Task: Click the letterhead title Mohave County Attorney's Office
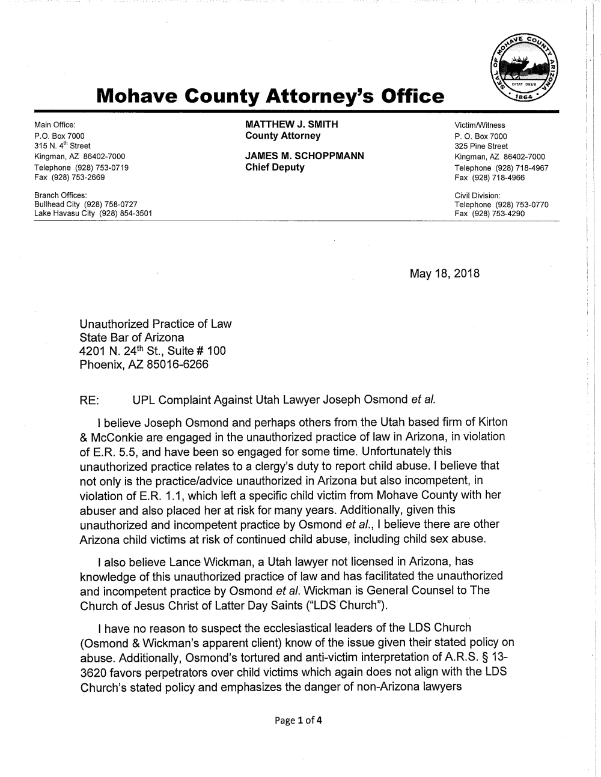(x=271, y=96)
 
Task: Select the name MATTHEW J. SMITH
(x=291, y=124)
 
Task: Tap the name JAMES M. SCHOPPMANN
(x=305, y=156)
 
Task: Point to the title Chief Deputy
(x=275, y=168)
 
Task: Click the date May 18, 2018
(x=445, y=274)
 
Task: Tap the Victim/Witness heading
(x=480, y=125)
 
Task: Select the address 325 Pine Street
(x=481, y=146)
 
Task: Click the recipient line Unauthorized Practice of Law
(x=155, y=324)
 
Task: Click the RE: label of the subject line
(x=90, y=399)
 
